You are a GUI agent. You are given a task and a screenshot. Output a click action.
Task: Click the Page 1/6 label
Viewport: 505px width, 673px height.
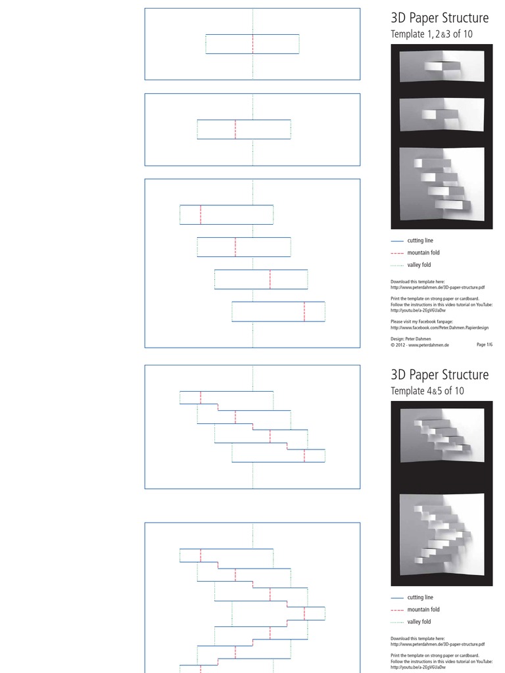click(x=484, y=344)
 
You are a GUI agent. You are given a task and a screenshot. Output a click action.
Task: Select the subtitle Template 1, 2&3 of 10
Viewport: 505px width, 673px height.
click(x=431, y=34)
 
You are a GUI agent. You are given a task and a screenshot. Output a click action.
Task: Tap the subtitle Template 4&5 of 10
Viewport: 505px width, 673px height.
click(x=427, y=390)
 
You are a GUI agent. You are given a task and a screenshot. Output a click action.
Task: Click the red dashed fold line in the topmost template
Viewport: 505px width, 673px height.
click(x=252, y=44)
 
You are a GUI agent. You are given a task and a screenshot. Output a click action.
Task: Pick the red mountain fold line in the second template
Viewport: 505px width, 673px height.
click(x=235, y=129)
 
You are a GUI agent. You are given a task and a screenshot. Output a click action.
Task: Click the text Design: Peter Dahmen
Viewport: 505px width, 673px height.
click(x=411, y=339)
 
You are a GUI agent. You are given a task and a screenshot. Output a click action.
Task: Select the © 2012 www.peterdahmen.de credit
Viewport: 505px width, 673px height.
click(x=420, y=344)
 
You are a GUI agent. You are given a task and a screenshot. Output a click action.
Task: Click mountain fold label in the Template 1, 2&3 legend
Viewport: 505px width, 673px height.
click(x=423, y=253)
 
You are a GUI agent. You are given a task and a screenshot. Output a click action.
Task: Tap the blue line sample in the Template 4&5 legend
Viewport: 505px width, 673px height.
click(x=397, y=598)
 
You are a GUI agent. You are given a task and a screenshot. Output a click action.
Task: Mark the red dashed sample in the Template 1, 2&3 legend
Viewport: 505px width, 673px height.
click(x=397, y=253)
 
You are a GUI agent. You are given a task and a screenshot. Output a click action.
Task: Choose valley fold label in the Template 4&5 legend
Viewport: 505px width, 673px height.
click(x=419, y=622)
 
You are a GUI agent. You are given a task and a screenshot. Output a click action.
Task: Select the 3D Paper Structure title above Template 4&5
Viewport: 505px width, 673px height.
click(x=439, y=375)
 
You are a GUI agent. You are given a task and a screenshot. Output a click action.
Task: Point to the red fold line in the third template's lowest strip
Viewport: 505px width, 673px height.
click(x=304, y=311)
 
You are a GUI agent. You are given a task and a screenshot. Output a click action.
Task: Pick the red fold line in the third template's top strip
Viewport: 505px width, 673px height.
click(x=201, y=215)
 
